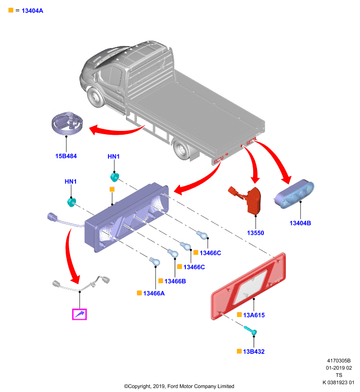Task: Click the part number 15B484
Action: click(66, 156)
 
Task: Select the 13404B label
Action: click(300, 223)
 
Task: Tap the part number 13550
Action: click(256, 233)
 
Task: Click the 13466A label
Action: click(154, 293)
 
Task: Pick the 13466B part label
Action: click(175, 281)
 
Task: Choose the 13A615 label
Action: click(254, 315)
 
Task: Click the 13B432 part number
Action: click(254, 351)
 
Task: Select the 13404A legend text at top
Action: click(32, 11)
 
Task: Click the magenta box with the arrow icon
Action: click(79, 314)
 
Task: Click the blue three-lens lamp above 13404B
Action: click(294, 194)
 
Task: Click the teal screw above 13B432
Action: click(251, 330)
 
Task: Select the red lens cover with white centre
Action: click(249, 286)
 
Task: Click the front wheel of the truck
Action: click(96, 98)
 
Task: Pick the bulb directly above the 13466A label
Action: click(154, 262)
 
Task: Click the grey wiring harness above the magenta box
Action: click(81, 284)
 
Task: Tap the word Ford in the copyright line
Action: click(173, 386)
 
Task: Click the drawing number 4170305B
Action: click(339, 361)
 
